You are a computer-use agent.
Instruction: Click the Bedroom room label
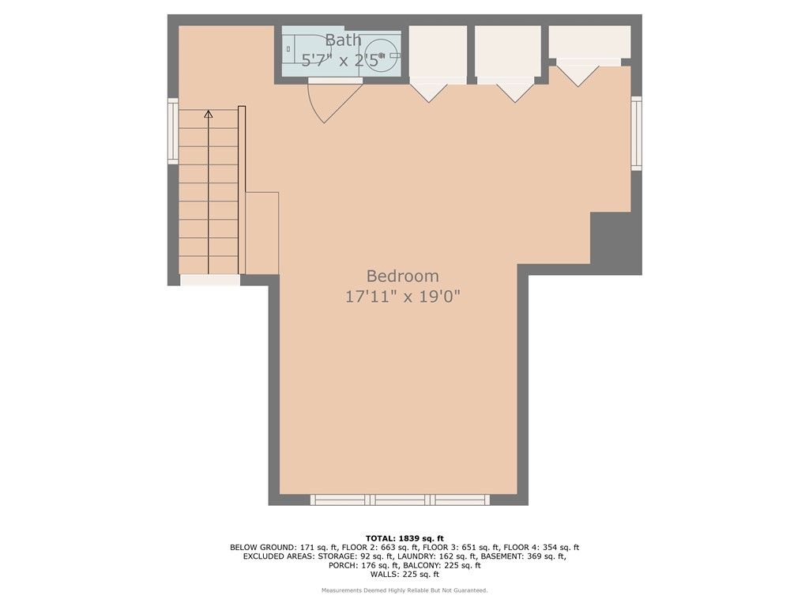[402, 276]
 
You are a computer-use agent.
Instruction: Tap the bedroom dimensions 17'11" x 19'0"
[402, 297]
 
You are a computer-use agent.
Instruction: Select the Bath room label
[343, 40]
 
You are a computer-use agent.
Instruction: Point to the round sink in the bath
[385, 55]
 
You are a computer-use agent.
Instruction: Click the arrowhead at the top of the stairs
[209, 114]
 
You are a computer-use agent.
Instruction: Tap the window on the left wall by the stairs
[173, 131]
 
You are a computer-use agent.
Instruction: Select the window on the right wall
[637, 133]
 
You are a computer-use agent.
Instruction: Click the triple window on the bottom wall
[400, 500]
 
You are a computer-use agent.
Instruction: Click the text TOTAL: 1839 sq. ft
[404, 539]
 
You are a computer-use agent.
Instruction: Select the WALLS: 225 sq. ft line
[404, 574]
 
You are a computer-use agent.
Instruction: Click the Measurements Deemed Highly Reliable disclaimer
[404, 590]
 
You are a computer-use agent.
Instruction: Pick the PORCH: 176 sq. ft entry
[363, 565]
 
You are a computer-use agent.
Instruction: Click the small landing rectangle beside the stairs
[262, 233]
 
